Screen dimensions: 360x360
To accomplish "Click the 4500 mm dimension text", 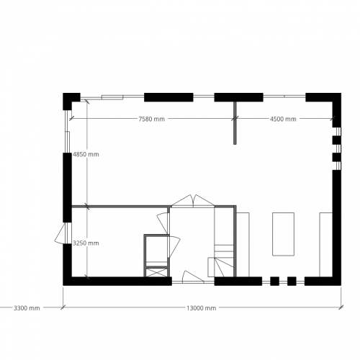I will [x=283, y=119].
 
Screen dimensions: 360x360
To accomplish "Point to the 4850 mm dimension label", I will [x=86, y=154].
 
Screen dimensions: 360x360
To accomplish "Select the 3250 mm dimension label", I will [x=86, y=243].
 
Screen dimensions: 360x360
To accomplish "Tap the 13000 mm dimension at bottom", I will [x=202, y=308].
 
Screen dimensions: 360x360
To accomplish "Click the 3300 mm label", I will [x=27, y=308].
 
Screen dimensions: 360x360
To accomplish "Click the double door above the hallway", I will [x=192, y=201].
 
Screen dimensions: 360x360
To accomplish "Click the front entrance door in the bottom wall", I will [x=192, y=276].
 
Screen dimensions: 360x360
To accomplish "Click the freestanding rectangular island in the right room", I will [x=283, y=233].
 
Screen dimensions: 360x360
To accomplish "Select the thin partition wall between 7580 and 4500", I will [x=235, y=122].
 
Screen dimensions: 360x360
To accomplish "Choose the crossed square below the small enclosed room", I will [x=156, y=272].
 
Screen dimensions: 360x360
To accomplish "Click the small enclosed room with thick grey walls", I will [x=156, y=251].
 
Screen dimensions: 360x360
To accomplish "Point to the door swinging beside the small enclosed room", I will [x=174, y=245].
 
